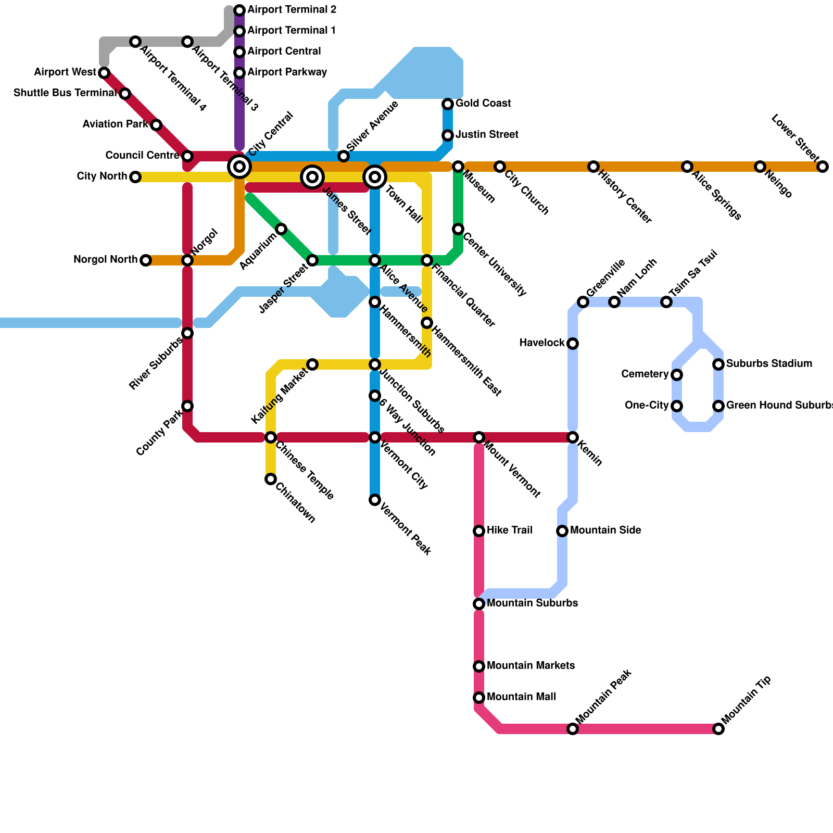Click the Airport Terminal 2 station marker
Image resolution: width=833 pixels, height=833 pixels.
[239, 10]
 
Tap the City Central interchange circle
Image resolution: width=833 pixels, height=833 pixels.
[239, 167]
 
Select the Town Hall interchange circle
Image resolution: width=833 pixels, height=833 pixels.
[375, 177]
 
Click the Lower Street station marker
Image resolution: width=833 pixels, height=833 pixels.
[823, 167]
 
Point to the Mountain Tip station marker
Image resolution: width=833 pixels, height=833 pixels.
[718, 729]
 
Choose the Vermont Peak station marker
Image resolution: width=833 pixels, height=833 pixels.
[375, 500]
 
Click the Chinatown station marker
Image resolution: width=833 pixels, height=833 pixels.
[271, 479]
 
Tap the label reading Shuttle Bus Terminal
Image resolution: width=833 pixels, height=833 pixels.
[65, 93]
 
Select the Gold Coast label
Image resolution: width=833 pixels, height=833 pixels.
[483, 104]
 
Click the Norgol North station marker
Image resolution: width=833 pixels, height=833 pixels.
[146, 260]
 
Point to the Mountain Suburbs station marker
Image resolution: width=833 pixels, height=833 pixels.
[479, 604]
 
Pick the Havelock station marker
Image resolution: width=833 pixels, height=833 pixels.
[573, 344]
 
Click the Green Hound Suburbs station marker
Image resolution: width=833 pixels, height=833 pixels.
[718, 406]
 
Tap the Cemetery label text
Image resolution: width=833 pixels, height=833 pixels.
[645, 374]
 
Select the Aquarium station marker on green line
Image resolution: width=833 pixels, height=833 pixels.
[281, 229]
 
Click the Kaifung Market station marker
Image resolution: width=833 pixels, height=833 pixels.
[312, 364]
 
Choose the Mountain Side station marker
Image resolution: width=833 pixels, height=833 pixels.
[562, 531]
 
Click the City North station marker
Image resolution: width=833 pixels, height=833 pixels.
[135, 177]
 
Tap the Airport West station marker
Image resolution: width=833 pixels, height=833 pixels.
[104, 73]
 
